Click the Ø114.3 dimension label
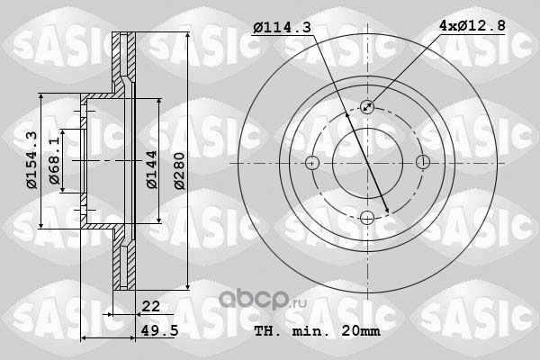coord(282,27)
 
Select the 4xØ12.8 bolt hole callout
coord(472,25)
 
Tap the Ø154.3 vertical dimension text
coord(32,160)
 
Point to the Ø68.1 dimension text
coord(55,161)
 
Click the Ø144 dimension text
coord(152,169)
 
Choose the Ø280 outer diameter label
coord(179,171)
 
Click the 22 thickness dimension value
coord(151,306)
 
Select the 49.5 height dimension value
coord(159,330)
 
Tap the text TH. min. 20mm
coord(317,331)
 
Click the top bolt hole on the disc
coord(367,107)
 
